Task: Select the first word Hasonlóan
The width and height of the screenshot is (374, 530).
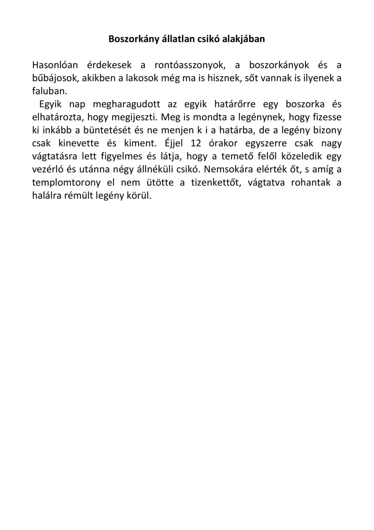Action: tap(55, 65)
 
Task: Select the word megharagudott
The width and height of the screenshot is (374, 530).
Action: tap(126, 104)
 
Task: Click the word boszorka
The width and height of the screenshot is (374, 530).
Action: tap(305, 104)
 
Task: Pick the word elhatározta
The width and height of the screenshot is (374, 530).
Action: tap(58, 117)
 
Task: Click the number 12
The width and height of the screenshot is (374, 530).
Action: tap(196, 143)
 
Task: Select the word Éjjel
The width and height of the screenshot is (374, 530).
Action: tap(174, 143)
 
